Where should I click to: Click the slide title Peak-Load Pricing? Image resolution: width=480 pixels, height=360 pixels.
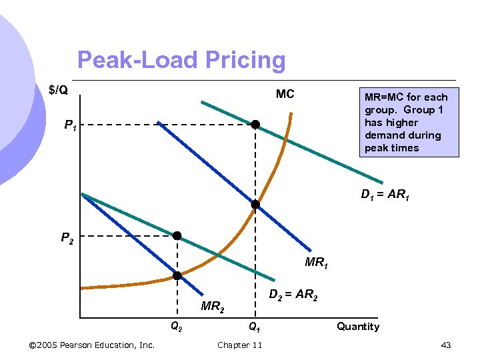tap(181, 61)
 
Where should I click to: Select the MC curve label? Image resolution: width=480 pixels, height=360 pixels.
tap(285, 94)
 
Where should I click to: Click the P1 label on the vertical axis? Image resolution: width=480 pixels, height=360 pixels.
tap(70, 125)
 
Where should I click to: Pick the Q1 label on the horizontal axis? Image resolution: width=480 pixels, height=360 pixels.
tap(254, 327)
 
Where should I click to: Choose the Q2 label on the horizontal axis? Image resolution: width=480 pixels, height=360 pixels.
tap(177, 327)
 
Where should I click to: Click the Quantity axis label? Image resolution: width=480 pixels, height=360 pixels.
tap(358, 327)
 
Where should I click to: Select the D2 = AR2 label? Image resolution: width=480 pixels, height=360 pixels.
tap(293, 295)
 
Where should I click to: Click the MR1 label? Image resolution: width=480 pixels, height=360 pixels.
tap(316, 263)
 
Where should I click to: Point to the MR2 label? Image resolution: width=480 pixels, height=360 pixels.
tap(213, 307)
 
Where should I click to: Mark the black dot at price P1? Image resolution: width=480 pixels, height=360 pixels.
tap(255, 125)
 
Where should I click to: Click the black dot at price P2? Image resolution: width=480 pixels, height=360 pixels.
tap(177, 235)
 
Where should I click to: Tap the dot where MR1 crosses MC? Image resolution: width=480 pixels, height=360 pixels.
tap(255, 205)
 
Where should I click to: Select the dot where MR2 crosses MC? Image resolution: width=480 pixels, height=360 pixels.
tap(177, 275)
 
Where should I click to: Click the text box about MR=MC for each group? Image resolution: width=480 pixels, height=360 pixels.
tap(406, 123)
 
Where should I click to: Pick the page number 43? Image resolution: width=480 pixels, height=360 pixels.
tap(446, 345)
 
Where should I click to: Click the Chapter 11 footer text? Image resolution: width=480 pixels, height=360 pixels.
tap(240, 345)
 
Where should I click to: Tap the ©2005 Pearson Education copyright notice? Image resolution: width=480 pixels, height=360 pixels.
tap(93, 345)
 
